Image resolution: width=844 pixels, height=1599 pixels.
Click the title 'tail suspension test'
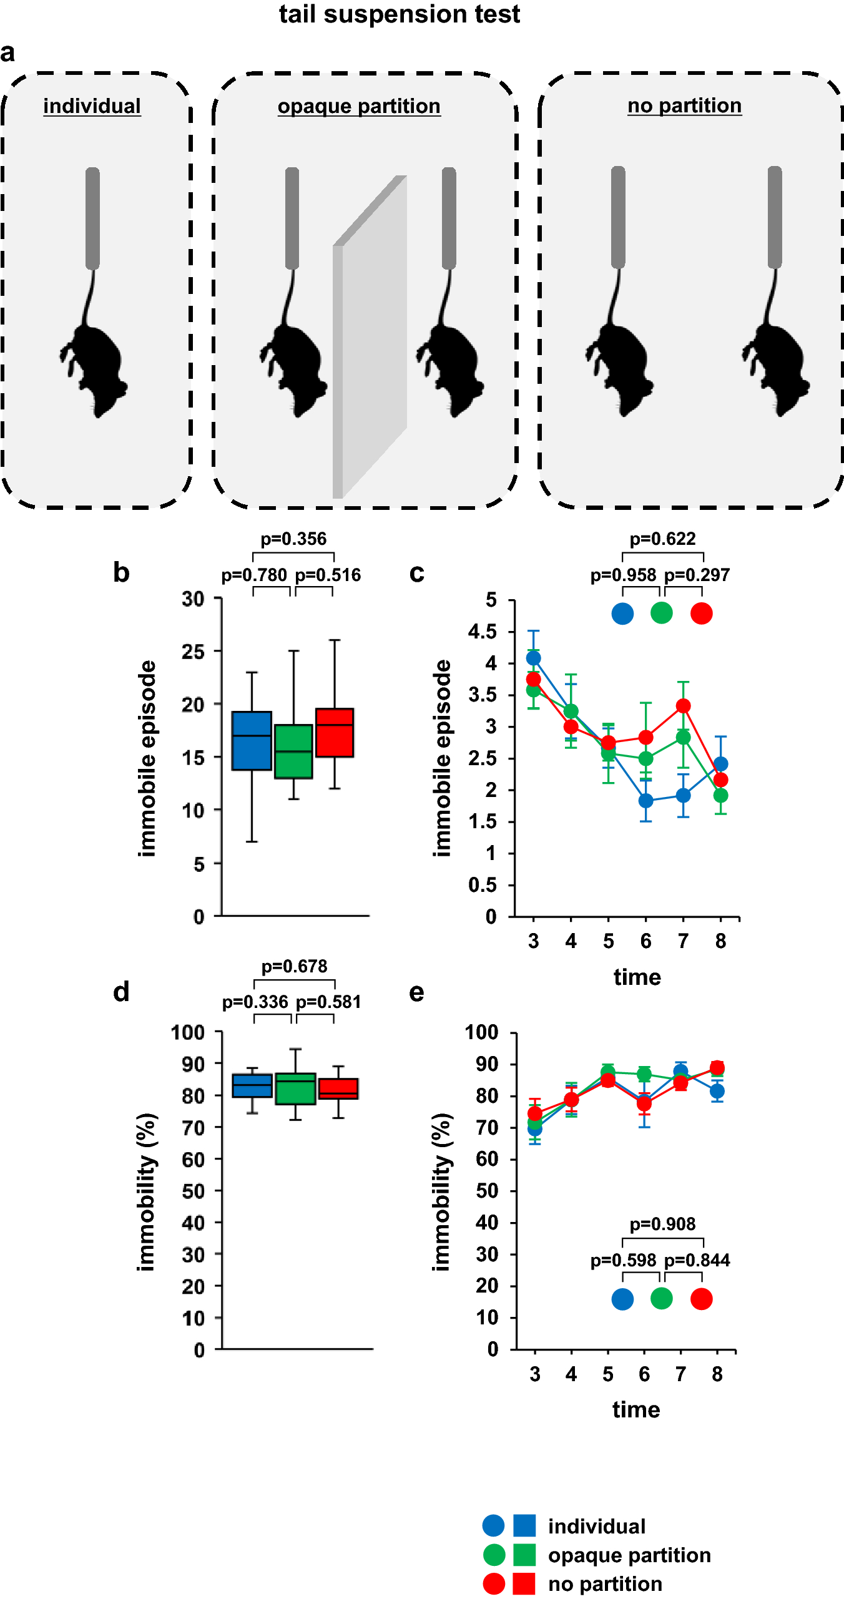point(399,14)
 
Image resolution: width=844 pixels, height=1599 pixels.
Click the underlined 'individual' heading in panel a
point(92,106)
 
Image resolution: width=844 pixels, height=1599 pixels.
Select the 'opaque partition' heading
point(359,106)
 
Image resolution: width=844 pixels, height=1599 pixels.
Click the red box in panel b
point(335,733)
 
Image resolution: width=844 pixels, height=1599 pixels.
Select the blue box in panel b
point(252,741)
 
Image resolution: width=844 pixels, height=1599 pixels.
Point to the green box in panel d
point(295,1088)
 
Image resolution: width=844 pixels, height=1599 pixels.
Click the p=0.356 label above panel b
point(293,539)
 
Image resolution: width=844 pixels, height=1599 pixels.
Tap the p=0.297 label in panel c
point(697,575)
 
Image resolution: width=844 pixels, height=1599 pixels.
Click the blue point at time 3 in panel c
point(533,658)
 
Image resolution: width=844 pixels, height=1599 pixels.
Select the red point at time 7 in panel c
point(684,705)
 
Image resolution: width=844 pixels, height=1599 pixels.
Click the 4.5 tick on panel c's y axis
point(483,632)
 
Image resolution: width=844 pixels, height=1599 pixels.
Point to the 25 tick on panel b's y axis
point(193,652)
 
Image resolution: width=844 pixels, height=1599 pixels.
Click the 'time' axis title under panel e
point(636,1409)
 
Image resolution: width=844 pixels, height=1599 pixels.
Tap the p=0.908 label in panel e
point(662,1224)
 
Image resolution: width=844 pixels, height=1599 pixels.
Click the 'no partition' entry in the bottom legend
point(605,1584)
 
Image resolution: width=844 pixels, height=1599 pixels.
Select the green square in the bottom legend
point(524,1555)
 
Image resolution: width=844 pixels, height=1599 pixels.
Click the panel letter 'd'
point(121,992)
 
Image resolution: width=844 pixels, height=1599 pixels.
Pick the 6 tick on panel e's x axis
point(644,1374)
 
